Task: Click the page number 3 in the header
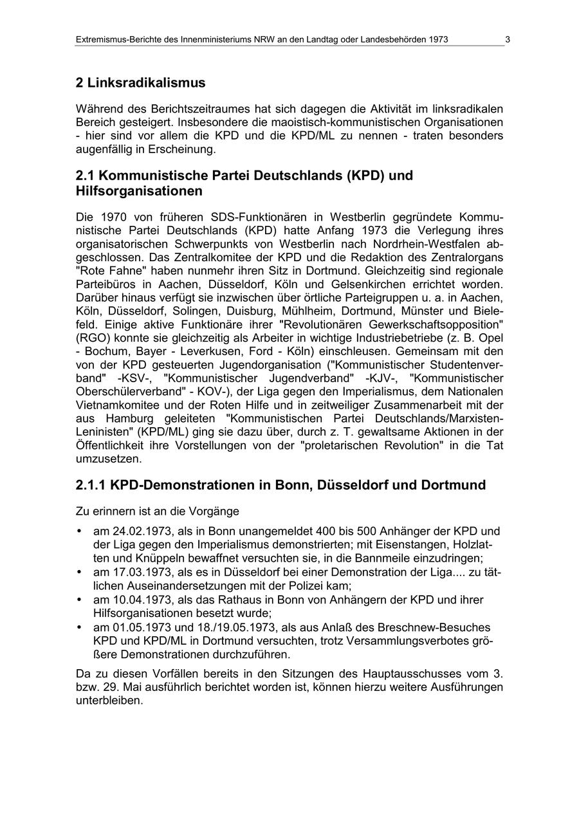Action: click(508, 39)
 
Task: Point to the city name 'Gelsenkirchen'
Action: click(409, 284)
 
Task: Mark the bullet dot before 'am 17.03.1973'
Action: click(79, 572)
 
